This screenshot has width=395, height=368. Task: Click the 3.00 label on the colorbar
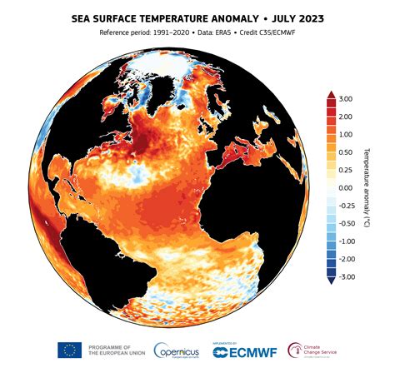click(346, 98)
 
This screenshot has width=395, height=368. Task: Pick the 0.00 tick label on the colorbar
click(346, 188)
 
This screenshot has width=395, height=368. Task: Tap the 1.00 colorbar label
click(346, 134)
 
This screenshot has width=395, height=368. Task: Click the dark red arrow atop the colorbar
click(331, 95)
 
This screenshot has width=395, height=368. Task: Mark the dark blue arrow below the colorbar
click(331, 281)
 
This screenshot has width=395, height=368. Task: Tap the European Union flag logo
click(69, 350)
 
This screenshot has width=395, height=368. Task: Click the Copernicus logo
click(177, 350)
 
